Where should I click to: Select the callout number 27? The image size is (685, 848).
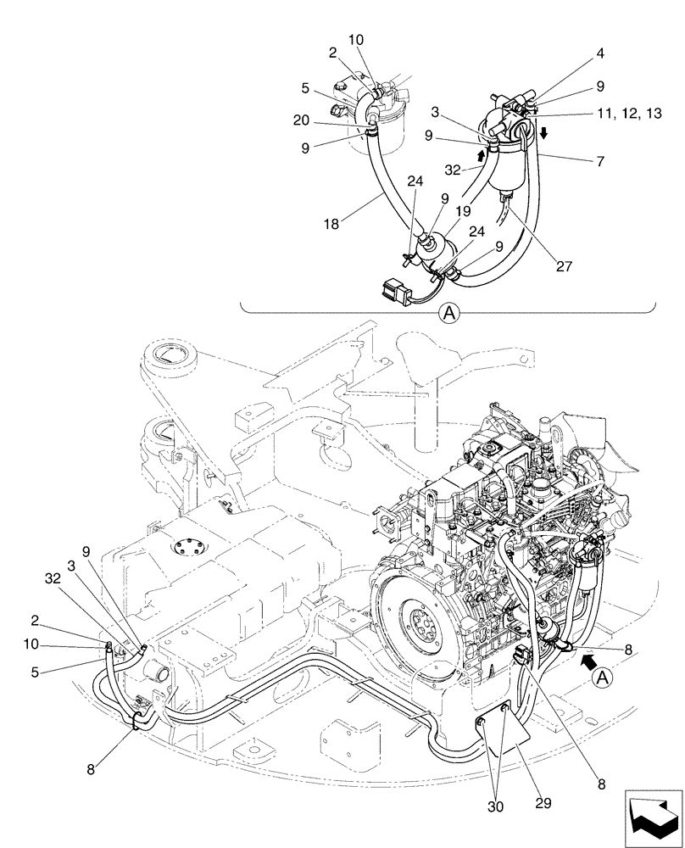click(565, 265)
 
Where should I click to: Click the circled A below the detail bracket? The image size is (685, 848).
click(448, 313)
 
